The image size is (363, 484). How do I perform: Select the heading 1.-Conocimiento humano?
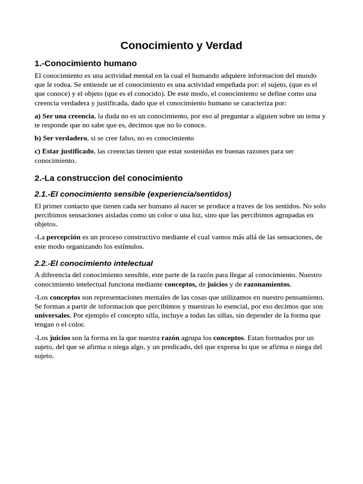86,63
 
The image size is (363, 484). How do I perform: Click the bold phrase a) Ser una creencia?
64,116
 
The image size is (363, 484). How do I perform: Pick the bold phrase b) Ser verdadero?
61,138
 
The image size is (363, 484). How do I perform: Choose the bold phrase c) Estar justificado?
64,151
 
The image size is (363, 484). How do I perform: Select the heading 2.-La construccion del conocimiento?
108,178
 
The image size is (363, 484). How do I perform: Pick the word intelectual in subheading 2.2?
129,263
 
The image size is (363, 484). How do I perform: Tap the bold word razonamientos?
268,284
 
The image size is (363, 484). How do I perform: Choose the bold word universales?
53,315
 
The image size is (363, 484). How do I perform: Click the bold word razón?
170,338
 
